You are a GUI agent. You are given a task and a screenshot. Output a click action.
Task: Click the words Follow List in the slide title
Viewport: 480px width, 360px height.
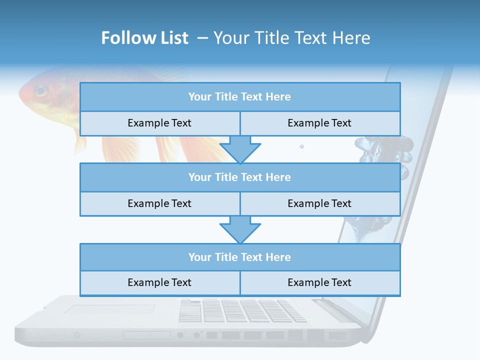pyautogui.click(x=145, y=38)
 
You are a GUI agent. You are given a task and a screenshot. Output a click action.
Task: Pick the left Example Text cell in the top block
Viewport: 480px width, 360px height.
pyautogui.click(x=159, y=123)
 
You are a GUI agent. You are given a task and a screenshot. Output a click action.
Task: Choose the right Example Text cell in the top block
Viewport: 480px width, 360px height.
pyautogui.click(x=319, y=123)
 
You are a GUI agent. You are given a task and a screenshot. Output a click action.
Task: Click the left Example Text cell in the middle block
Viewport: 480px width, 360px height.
pyautogui.click(x=159, y=203)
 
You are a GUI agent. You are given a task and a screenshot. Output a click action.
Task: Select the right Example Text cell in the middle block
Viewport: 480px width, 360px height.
pyautogui.click(x=319, y=203)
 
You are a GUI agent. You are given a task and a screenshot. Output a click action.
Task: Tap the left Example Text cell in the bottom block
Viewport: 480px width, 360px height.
pyautogui.click(x=159, y=282)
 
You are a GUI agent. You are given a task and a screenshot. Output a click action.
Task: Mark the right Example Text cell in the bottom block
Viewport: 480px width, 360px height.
pyautogui.click(x=319, y=282)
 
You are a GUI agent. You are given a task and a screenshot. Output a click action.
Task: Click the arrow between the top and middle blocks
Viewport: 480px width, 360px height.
pyautogui.click(x=240, y=149)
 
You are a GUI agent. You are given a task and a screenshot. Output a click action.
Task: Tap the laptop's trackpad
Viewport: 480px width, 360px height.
pyautogui.click(x=110, y=310)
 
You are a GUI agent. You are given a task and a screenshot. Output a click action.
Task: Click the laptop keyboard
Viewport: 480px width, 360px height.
pyautogui.click(x=242, y=310)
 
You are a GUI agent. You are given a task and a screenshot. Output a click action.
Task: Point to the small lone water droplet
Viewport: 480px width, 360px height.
pyautogui.click(x=301, y=146)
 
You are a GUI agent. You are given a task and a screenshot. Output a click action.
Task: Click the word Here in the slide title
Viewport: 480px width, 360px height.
pyautogui.click(x=353, y=38)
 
